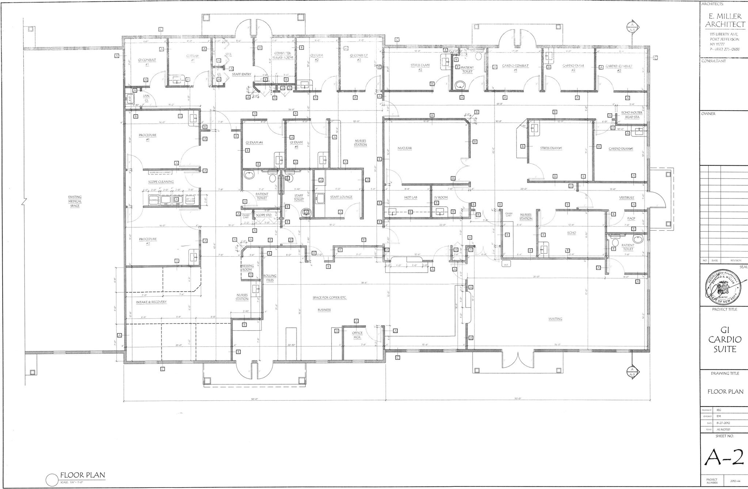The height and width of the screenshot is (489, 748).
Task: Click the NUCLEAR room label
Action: click(x=405, y=148)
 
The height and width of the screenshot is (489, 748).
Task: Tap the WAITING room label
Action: click(x=555, y=319)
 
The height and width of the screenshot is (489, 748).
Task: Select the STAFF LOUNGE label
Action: click(x=341, y=197)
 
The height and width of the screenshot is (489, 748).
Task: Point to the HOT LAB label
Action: click(x=411, y=197)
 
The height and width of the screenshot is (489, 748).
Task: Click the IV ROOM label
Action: click(x=441, y=197)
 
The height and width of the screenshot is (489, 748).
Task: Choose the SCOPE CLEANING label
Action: click(x=161, y=182)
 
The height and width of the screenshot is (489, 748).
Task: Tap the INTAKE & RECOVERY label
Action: click(x=151, y=302)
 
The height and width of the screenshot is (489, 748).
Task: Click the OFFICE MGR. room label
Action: click(x=357, y=335)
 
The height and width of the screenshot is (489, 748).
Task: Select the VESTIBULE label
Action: click(x=626, y=198)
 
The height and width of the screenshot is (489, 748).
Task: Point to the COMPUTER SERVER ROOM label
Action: click(x=283, y=55)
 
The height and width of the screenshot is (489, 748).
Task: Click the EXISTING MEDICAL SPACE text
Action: click(x=75, y=201)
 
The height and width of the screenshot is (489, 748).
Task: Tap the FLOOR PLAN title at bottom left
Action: click(x=83, y=475)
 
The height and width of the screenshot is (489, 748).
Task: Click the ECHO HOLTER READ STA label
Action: click(x=632, y=115)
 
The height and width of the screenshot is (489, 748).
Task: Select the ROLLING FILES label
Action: click(x=270, y=278)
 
